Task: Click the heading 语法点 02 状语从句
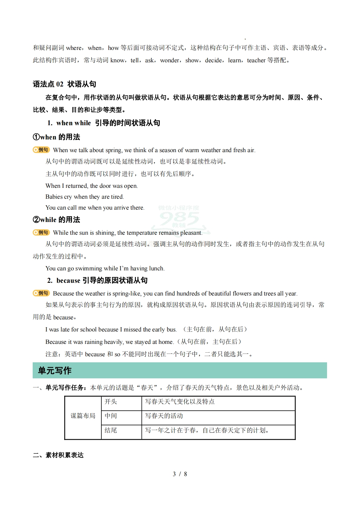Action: pos(64,84)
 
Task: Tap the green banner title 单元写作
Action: pos(55,370)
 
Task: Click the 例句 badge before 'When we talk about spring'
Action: pos(41,150)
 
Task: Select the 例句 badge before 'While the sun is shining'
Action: pos(41,232)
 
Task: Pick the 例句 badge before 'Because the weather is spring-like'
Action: pos(41,293)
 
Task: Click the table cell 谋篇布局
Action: pos(83,416)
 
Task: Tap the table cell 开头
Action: pos(111,402)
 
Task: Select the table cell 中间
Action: pos(111,416)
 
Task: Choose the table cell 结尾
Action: pos(111,430)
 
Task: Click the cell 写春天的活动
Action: pos(164,416)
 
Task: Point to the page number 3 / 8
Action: pos(180,474)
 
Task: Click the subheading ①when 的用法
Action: pos(56,137)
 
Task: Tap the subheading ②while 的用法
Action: pos(56,220)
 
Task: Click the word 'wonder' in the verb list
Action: pos(169,60)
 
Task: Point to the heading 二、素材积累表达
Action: pos(58,455)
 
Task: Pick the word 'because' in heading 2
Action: pos(68,281)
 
